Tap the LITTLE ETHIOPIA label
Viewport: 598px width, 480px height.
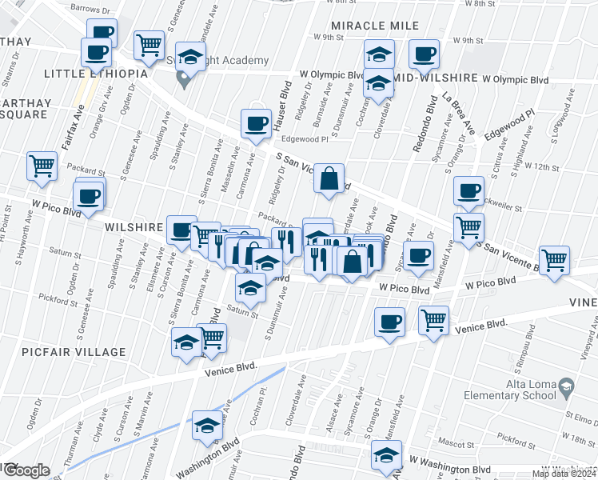[x=96, y=74]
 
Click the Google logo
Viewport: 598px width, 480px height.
[x=26, y=470]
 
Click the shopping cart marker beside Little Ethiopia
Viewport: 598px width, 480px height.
[x=149, y=48]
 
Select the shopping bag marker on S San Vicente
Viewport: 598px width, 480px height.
[x=329, y=179]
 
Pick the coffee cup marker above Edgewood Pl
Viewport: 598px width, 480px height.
[x=256, y=123]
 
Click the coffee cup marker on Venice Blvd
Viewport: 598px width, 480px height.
[x=389, y=322]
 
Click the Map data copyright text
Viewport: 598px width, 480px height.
[x=564, y=474]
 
